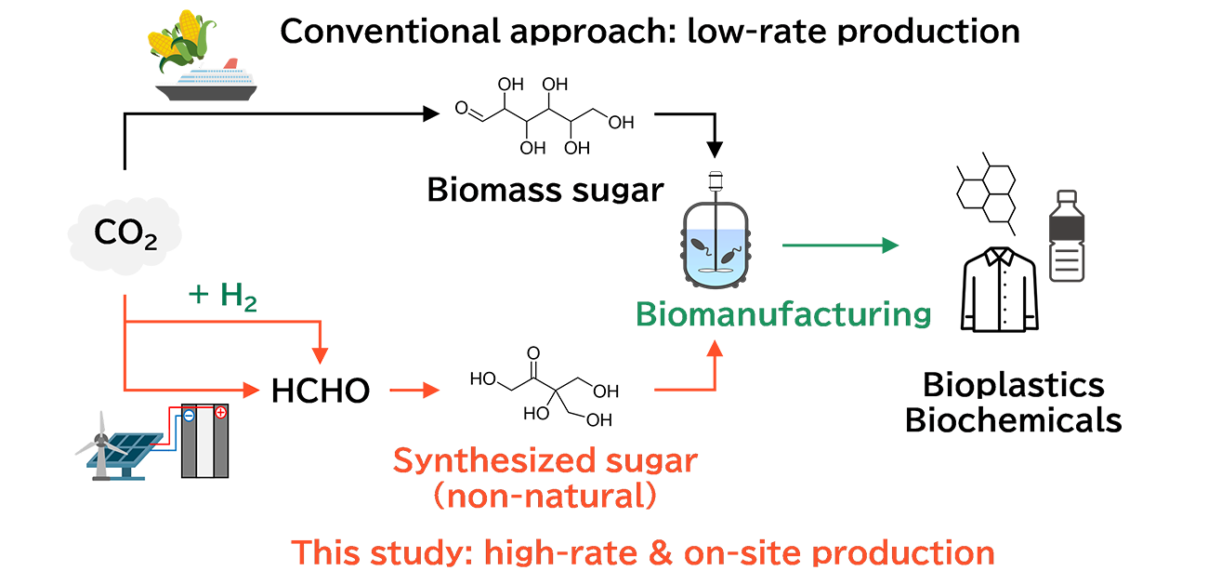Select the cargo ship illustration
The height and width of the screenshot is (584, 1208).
[206, 82]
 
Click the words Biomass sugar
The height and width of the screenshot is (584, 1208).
[545, 191]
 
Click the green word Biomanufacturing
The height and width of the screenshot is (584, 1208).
[783, 313]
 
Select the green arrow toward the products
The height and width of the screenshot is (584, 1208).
[840, 246]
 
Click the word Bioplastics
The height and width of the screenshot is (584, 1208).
[1013, 385]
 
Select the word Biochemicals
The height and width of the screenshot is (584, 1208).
[1013, 420]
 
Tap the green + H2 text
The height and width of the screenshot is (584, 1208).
[224, 297]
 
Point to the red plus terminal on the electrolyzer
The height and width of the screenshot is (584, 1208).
[220, 413]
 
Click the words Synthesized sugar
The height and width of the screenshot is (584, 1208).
[545, 461]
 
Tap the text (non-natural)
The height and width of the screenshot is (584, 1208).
[545, 496]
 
